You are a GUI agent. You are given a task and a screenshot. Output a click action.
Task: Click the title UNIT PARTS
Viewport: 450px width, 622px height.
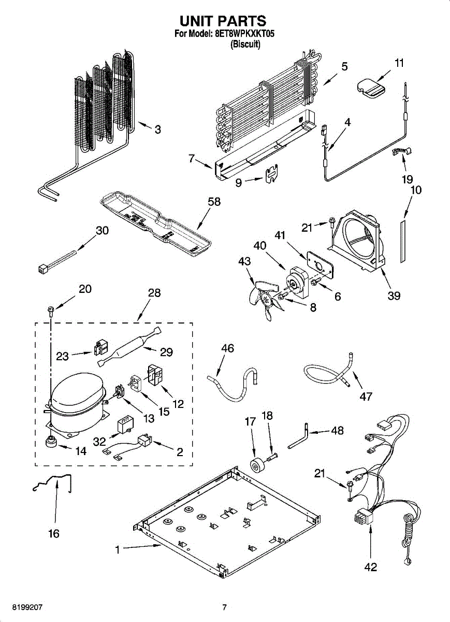223,21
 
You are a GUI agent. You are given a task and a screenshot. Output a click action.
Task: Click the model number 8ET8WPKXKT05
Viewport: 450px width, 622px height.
244,35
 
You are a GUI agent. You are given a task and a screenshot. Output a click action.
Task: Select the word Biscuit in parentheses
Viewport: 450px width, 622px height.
245,45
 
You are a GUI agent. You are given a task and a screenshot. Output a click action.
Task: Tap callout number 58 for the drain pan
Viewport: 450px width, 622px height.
214,202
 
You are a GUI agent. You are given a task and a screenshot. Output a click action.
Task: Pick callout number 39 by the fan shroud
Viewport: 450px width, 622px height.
394,296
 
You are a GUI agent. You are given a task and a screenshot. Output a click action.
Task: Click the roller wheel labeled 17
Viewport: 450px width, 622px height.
255,465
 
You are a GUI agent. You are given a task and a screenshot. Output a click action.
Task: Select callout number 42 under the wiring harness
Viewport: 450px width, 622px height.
371,567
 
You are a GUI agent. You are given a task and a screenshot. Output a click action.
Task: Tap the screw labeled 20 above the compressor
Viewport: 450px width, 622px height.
51,311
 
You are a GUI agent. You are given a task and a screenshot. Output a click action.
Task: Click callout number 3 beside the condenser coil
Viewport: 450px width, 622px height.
157,130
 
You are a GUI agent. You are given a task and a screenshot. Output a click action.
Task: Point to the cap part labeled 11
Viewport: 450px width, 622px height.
370,86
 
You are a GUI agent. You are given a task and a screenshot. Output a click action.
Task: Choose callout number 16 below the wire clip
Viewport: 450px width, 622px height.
54,533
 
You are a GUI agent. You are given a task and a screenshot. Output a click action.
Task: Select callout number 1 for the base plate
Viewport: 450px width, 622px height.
118,550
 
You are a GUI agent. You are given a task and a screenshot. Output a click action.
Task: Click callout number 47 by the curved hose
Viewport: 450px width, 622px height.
366,397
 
